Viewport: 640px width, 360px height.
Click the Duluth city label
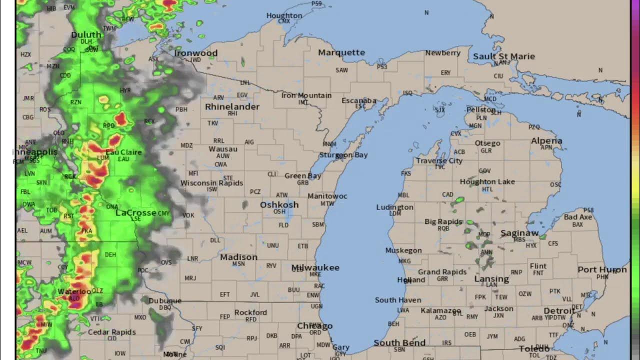[86, 34]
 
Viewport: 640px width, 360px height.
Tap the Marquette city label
[341, 52]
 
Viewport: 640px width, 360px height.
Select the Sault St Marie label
[504, 56]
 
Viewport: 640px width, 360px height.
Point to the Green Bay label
[303, 175]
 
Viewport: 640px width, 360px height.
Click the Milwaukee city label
[315, 267]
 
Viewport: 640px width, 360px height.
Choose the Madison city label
[238, 257]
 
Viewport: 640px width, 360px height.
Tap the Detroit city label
[559, 311]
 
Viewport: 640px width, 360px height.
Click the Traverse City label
[439, 160]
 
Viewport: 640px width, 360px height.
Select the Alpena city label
[546, 141]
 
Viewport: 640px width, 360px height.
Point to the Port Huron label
[602, 269]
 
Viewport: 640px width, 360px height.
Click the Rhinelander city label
[232, 106]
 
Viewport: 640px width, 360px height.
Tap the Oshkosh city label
[279, 204]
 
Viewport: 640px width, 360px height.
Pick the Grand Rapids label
[442, 272]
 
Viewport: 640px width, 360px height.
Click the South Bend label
[399, 342]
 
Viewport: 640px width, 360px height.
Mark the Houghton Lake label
[487, 181]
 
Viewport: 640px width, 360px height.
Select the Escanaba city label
[358, 100]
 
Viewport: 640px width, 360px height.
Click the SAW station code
[341, 70]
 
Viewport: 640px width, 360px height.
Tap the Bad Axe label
[577, 217]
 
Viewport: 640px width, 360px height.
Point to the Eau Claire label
[123, 152]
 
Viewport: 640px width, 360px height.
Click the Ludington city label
[394, 207]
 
